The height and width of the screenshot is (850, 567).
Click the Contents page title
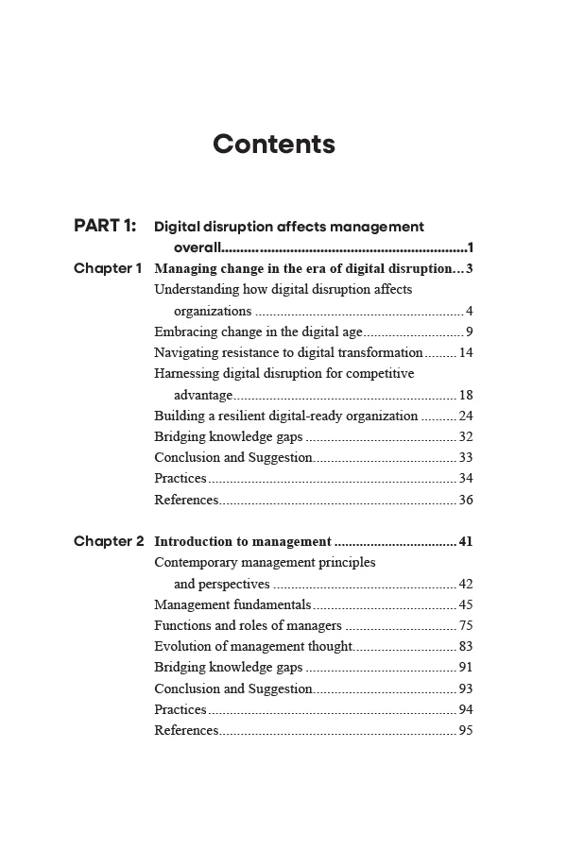pyautogui.click(x=274, y=144)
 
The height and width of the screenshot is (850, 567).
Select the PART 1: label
pyautogui.click(x=105, y=226)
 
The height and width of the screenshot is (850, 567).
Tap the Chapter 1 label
pyautogui.click(x=108, y=268)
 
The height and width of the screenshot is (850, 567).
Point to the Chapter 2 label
pyautogui.click(x=109, y=541)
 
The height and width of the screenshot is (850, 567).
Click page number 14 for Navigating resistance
pyautogui.click(x=465, y=352)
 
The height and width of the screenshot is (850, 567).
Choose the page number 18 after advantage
pyautogui.click(x=465, y=395)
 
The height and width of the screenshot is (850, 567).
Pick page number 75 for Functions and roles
pyautogui.click(x=465, y=625)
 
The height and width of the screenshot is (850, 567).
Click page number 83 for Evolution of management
pyautogui.click(x=465, y=646)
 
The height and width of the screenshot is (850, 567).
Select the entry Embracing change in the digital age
pyautogui.click(x=258, y=331)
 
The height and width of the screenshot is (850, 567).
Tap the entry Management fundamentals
pyautogui.click(x=232, y=604)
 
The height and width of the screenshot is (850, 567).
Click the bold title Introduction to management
pyautogui.click(x=243, y=542)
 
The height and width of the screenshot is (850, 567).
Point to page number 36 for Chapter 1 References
pyautogui.click(x=465, y=500)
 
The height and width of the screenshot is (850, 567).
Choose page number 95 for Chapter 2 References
pyautogui.click(x=465, y=730)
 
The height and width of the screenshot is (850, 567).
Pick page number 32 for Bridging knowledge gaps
pyautogui.click(x=465, y=436)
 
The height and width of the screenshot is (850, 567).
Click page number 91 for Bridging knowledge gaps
pyautogui.click(x=465, y=668)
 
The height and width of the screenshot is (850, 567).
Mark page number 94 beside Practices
pyautogui.click(x=465, y=709)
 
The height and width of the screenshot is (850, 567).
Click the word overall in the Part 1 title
pyautogui.click(x=197, y=247)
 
